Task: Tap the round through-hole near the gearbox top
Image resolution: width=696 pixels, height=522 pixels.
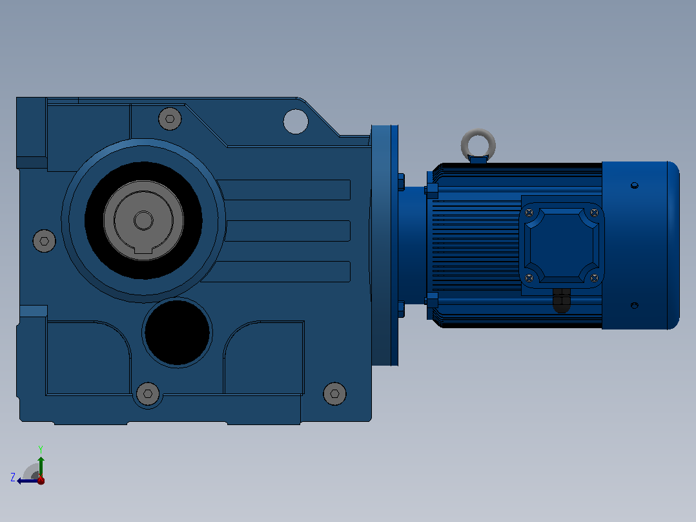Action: click(296, 121)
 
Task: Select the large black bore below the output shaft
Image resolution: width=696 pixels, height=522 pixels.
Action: click(177, 332)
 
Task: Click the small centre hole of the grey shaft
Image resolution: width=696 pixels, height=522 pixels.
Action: click(143, 220)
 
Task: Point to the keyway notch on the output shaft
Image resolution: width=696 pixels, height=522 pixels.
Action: click(143, 250)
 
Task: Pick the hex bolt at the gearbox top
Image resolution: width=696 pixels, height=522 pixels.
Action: click(170, 119)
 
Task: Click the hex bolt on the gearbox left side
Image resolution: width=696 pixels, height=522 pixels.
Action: click(45, 241)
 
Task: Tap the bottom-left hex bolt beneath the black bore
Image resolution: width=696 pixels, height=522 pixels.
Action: click(148, 393)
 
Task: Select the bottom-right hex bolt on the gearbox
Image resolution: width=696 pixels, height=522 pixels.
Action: click(334, 393)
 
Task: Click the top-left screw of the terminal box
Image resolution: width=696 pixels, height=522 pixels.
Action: click(529, 213)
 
